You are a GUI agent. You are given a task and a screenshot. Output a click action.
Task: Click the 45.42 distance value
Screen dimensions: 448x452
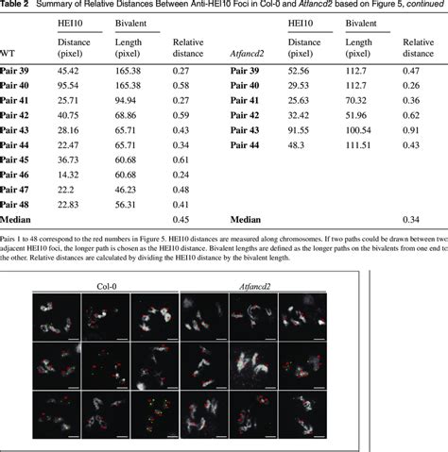click(x=68, y=70)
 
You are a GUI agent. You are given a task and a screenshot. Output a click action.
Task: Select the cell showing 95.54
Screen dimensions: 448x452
click(x=68, y=85)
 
